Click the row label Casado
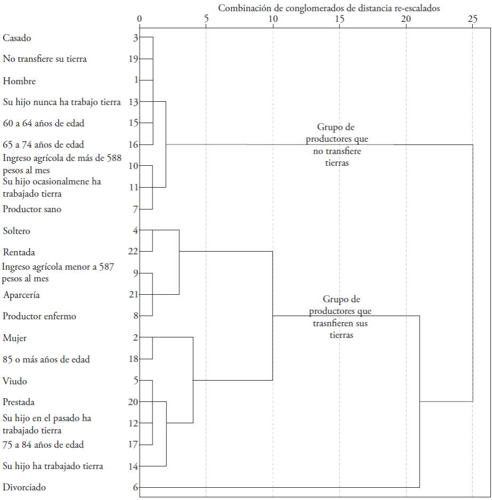tap(17, 38)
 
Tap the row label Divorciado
tap(25, 487)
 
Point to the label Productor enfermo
tap(39, 316)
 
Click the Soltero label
tap(17, 231)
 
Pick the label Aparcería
tap(21, 295)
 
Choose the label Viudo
tap(15, 381)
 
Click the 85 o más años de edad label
tap(46, 359)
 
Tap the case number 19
tap(134, 59)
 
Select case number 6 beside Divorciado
tap(136, 487)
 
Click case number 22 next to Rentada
tap(134, 252)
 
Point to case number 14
tap(134, 466)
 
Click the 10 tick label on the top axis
tap(272, 19)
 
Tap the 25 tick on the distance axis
tap(472, 19)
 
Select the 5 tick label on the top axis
tap(206, 19)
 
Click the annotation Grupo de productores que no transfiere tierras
tap(336, 145)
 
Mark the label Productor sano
tap(32, 209)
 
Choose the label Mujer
tap(15, 338)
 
